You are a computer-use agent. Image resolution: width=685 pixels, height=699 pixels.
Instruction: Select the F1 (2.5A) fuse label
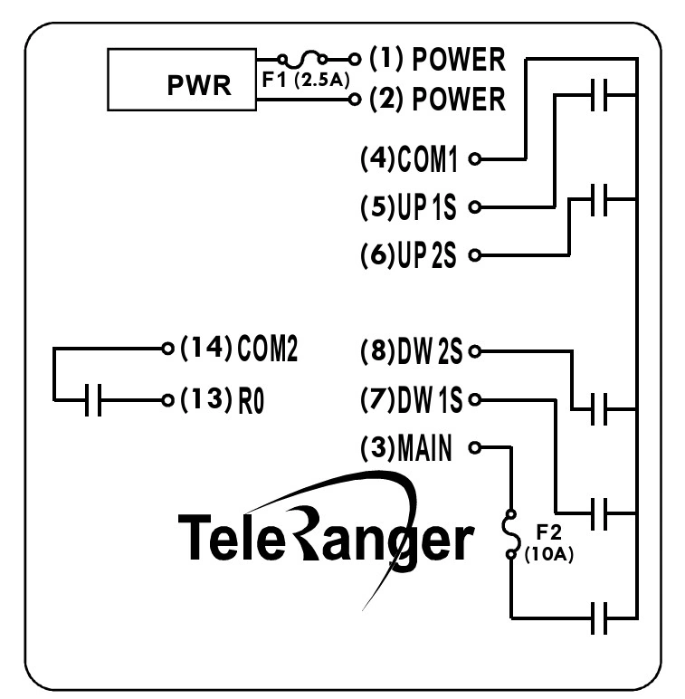point(305,80)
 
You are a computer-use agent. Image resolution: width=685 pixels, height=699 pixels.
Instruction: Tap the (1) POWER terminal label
point(437,61)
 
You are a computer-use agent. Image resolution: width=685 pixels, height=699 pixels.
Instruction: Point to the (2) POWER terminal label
point(437,99)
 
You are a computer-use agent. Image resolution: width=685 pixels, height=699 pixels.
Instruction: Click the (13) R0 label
point(223,399)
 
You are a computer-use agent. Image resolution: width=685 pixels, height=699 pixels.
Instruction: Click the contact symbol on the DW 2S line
point(598,408)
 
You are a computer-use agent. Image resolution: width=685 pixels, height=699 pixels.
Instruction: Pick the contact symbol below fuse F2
point(598,618)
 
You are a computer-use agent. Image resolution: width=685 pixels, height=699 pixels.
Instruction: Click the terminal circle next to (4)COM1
point(474,159)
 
